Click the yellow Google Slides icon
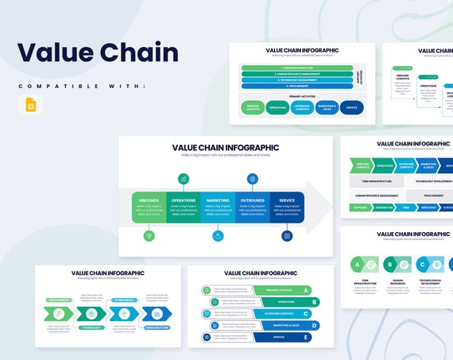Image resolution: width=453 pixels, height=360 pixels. tap(30, 105)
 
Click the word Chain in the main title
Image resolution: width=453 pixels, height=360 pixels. tap(137, 52)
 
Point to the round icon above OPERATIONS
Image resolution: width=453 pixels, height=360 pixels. tap(184, 180)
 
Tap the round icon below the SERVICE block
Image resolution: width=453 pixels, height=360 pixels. tap(287, 236)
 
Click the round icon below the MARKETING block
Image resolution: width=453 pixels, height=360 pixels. tap(218, 236)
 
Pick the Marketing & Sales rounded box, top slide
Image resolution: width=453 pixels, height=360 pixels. tap(327, 106)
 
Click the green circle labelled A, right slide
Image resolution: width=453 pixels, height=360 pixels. tap(358, 264)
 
